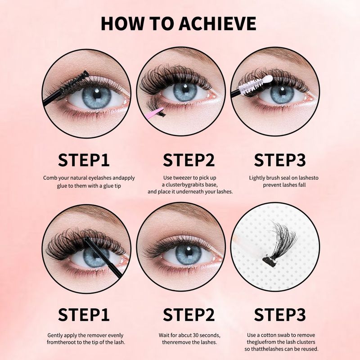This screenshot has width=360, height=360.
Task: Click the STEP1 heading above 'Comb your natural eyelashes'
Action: (x=84, y=160)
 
